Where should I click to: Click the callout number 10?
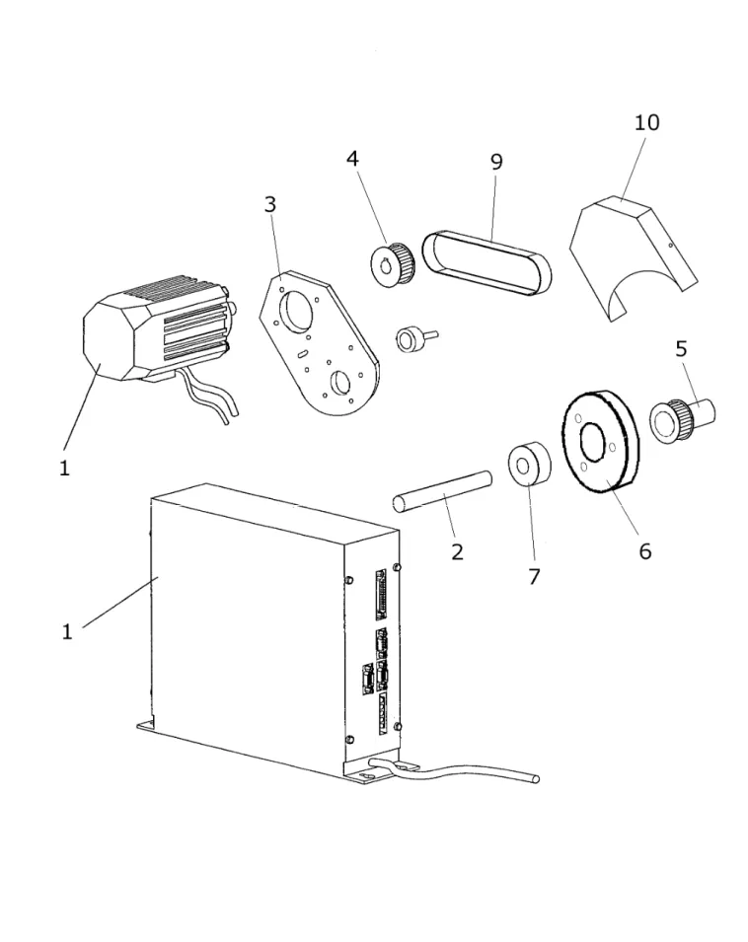click(647, 122)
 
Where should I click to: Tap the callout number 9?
click(496, 162)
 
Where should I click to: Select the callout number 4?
click(352, 159)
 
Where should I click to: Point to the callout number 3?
click(270, 204)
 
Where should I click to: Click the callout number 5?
click(681, 348)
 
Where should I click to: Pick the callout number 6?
click(644, 551)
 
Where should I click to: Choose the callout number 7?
click(534, 576)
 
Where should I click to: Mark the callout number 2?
click(457, 551)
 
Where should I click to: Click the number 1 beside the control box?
click(67, 631)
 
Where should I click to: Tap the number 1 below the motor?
click(64, 468)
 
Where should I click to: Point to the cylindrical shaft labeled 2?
click(442, 491)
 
